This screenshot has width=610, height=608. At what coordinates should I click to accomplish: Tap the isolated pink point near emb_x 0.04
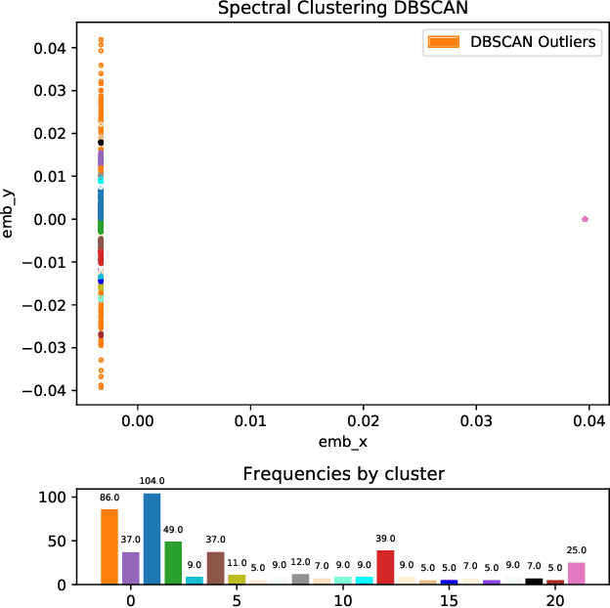(x=585, y=219)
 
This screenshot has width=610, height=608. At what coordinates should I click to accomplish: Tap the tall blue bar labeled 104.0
(x=152, y=539)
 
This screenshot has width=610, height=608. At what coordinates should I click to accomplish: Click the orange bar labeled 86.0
(x=109, y=546)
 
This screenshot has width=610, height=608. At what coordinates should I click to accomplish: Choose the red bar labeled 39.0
(x=385, y=567)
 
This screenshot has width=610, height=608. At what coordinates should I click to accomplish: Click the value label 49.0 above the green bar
(x=173, y=531)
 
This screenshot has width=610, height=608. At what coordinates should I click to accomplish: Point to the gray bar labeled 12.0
(x=300, y=579)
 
